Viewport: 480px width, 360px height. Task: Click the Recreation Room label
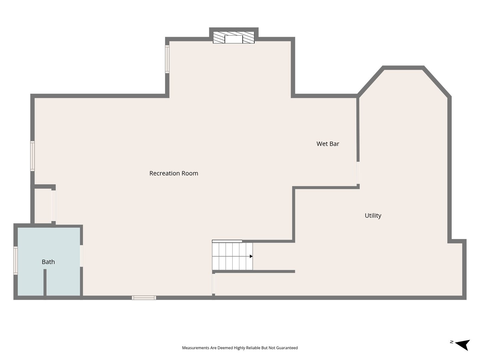(174, 173)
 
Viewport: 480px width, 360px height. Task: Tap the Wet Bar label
(328, 144)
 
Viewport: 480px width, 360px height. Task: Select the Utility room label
(373, 216)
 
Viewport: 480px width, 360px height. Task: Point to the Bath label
(48, 262)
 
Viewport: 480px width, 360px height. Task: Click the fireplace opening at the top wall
(234, 39)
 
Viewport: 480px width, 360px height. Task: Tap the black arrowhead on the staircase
(251, 256)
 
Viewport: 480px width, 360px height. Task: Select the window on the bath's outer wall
(16, 260)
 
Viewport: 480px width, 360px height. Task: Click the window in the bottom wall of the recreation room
(144, 297)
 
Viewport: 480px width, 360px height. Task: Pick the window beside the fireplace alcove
(167, 59)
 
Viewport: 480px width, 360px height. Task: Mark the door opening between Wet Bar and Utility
(358, 173)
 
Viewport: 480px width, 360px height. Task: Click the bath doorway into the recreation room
(81, 256)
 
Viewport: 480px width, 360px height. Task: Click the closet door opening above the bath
(54, 206)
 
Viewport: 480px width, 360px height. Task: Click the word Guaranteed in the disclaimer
(287, 348)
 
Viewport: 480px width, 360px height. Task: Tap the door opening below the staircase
(213, 284)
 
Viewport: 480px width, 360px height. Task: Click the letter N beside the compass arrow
(452, 342)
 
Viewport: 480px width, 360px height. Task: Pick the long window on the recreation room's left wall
(32, 156)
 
